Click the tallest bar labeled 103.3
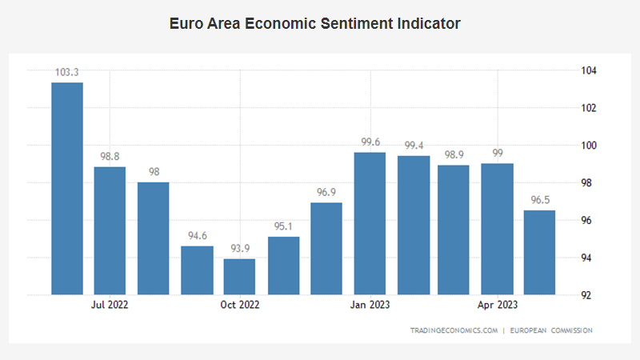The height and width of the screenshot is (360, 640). click(67, 188)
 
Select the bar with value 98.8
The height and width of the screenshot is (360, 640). click(110, 230)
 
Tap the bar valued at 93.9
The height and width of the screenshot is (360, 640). click(239, 276)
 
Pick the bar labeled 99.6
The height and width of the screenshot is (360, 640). click(370, 223)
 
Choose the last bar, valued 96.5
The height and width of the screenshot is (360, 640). click(540, 252)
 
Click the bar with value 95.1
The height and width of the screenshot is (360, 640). click(283, 265)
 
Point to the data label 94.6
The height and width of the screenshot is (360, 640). click(197, 236)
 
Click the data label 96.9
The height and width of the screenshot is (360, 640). click(326, 193)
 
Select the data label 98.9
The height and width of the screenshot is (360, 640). click(454, 155)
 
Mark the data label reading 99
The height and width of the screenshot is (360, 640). click(497, 154)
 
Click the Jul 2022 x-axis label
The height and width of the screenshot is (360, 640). click(110, 305)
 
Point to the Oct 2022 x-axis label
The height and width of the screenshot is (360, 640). click(240, 305)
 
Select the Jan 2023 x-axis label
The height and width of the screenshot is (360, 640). click(370, 305)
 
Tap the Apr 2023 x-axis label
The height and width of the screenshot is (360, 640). click(498, 305)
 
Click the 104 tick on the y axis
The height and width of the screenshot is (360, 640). click(588, 70)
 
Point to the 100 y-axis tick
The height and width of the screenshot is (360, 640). click(588, 146)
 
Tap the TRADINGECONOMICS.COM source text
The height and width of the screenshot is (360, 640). click(454, 330)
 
